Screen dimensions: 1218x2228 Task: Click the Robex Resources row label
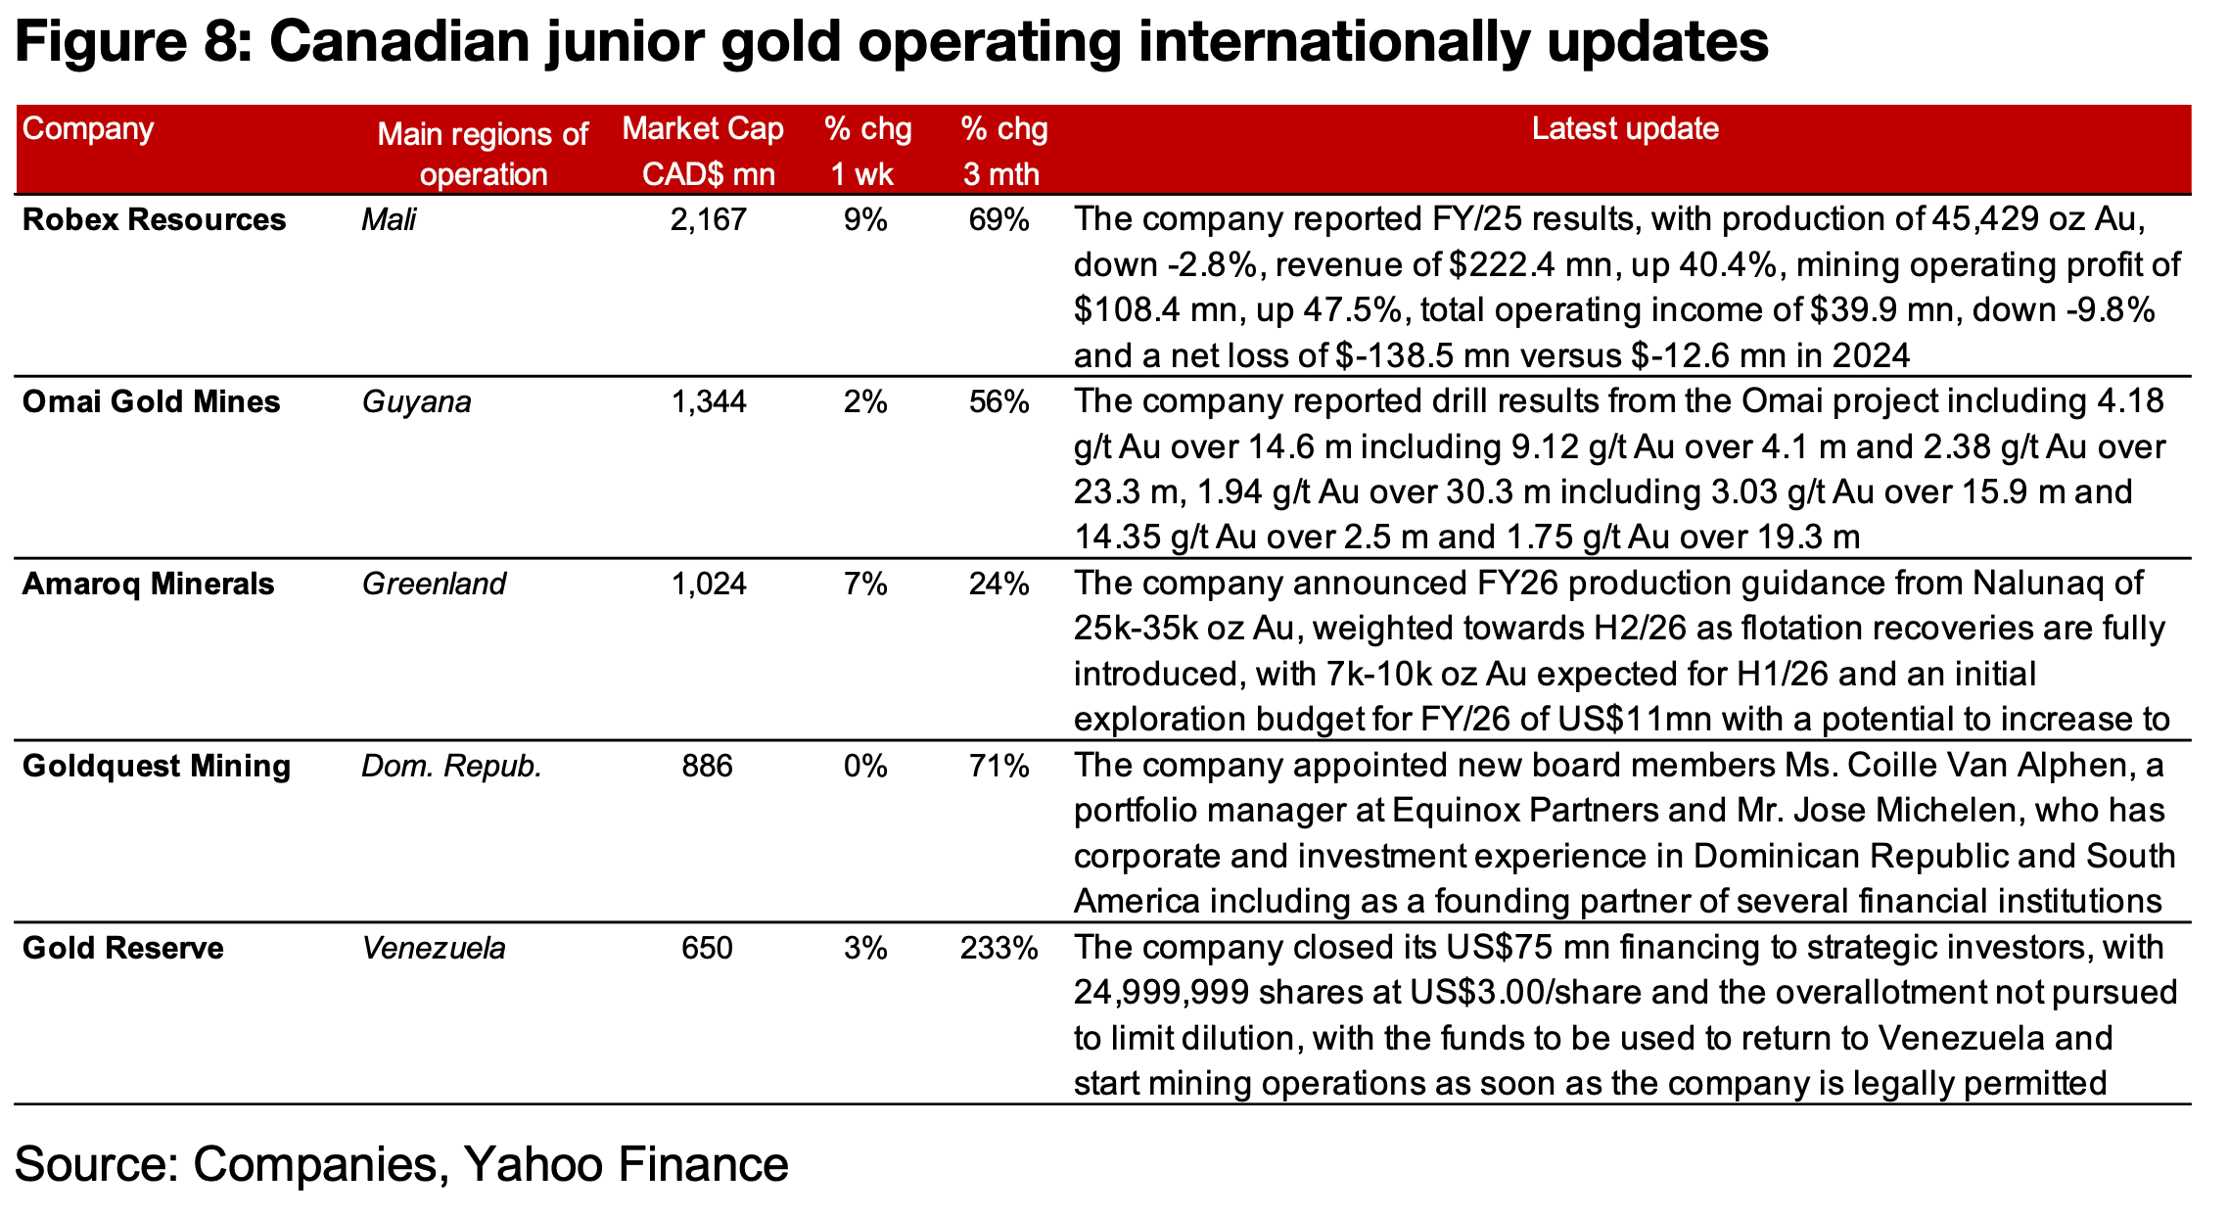[x=154, y=219]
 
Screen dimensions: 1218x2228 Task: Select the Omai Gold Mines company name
[x=151, y=401]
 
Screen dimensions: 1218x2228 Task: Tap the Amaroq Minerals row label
[x=148, y=584]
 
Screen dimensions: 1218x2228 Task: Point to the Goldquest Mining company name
[x=157, y=766]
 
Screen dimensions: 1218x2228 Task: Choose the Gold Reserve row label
[x=122, y=948]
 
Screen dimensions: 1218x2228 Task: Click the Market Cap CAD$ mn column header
[x=704, y=151]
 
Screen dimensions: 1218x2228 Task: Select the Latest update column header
[x=1625, y=128]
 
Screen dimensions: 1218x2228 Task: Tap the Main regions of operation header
[x=483, y=154]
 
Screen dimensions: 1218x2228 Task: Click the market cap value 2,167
[x=708, y=219]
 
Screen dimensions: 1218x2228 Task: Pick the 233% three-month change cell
[x=998, y=948]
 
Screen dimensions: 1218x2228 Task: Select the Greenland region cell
[x=434, y=584]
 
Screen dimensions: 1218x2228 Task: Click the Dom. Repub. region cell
[x=451, y=766]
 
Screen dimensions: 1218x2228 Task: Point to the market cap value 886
[x=707, y=766]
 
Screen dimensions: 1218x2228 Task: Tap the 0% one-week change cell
[x=865, y=766]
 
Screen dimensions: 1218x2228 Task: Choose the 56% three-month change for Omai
[x=998, y=401]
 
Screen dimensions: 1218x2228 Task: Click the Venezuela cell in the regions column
[x=434, y=948]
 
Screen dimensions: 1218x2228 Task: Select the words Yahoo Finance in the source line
[x=626, y=1164]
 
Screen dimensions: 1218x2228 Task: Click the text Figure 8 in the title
[x=130, y=42]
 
